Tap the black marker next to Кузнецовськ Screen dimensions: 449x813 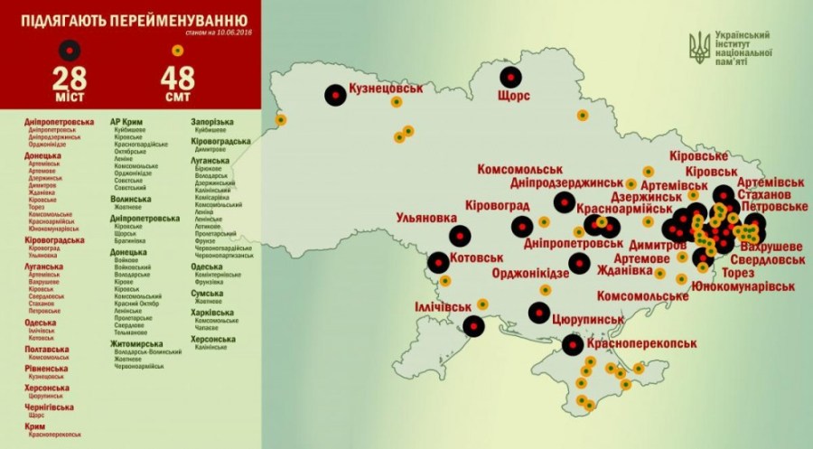coord(335,92)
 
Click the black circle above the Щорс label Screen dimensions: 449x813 coord(512,75)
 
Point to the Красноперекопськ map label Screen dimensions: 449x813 coord(646,345)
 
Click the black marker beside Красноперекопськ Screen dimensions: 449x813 coord(573,344)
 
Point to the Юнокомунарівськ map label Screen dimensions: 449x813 coord(743,286)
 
